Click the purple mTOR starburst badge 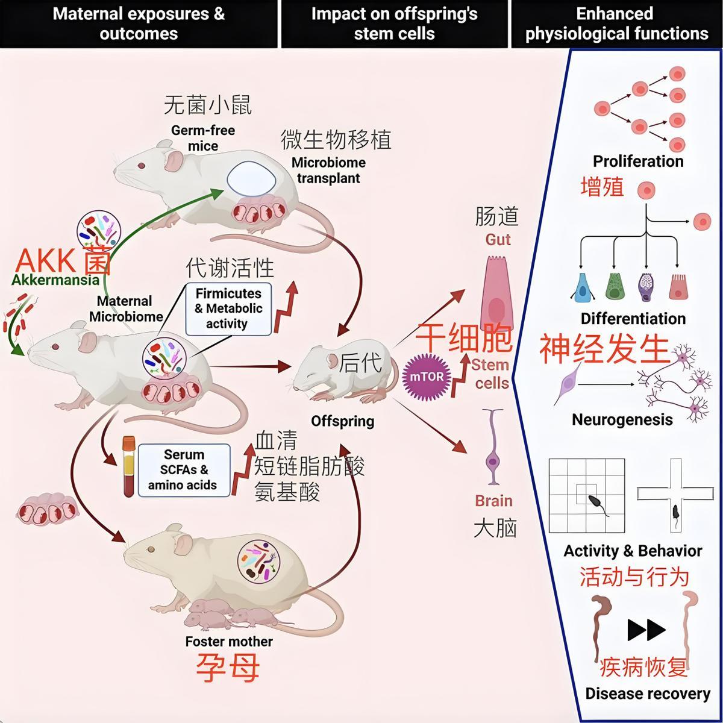coord(427,377)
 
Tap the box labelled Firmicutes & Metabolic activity coord(228,308)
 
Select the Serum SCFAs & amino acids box coord(184,470)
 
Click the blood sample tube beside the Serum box coord(128,467)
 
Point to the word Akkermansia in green coord(55,280)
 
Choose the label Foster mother coord(229,642)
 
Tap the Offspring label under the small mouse coord(342,421)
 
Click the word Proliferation coord(638,161)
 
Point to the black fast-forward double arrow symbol coord(646,630)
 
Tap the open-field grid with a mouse coord(587,495)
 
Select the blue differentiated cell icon coord(583,287)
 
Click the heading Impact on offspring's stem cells coord(394,23)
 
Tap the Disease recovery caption coord(648,693)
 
